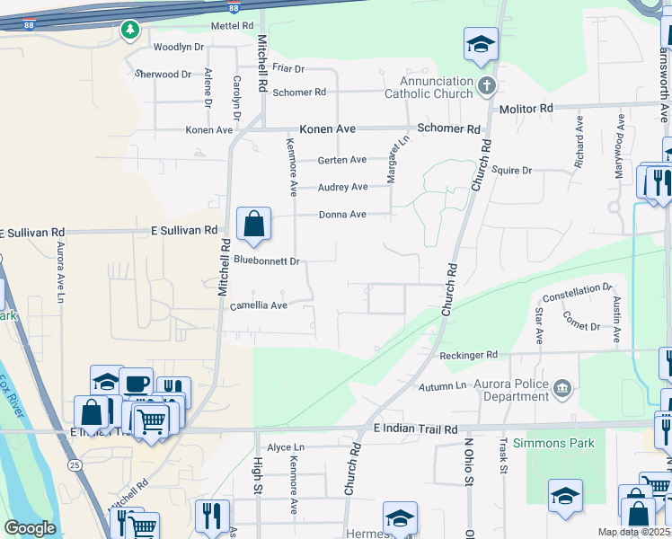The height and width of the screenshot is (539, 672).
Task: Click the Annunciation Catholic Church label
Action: (429, 86)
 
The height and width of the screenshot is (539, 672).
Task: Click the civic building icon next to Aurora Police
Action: (562, 388)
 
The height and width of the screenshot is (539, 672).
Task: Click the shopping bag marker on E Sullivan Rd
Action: (254, 224)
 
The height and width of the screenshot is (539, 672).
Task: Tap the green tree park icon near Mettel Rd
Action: (130, 31)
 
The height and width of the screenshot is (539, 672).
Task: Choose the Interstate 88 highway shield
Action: (234, 7)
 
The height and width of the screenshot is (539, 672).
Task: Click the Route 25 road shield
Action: (72, 464)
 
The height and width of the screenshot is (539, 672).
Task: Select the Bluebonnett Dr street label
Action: (266, 261)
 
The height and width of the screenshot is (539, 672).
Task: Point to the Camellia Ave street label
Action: (258, 305)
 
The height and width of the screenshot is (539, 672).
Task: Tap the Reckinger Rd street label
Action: (468, 356)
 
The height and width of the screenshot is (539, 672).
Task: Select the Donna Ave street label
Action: (342, 215)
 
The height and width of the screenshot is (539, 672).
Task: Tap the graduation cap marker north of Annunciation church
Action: (481, 43)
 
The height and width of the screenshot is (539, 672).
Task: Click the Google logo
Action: (30, 528)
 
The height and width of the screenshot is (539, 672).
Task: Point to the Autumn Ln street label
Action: (443, 386)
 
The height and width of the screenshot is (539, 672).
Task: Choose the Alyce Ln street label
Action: (286, 446)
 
